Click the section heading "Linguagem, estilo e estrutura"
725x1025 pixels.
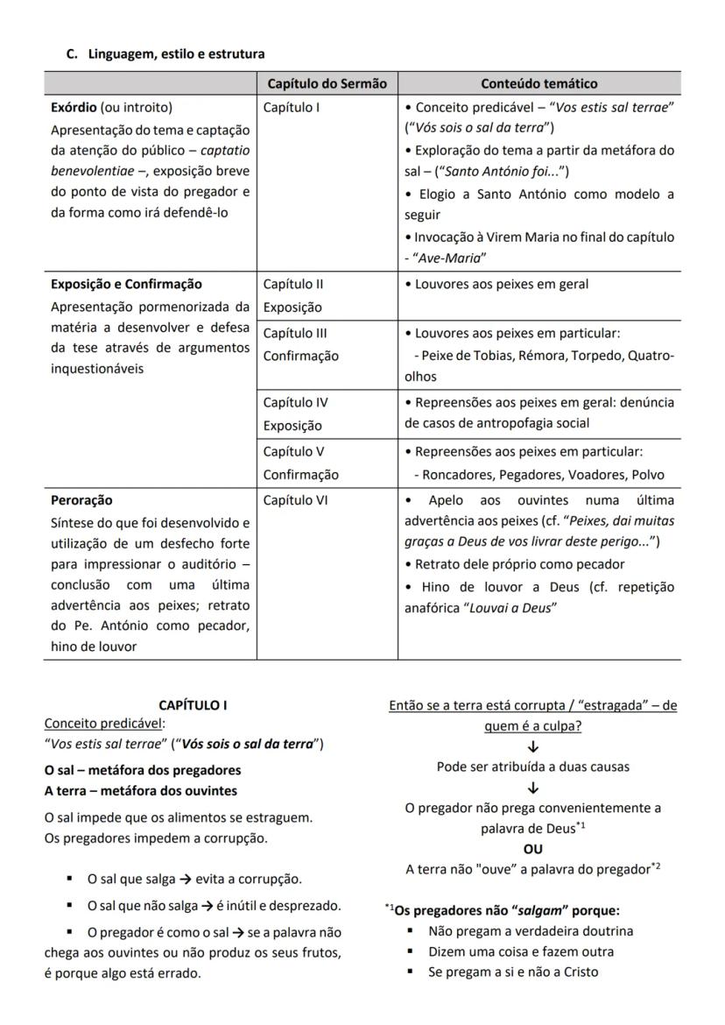[176, 54]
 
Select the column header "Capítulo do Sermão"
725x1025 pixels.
[327, 84]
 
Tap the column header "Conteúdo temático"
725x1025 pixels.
[538, 84]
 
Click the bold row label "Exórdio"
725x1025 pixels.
[74, 108]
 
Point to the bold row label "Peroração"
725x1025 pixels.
[81, 500]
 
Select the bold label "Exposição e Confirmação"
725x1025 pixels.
[126, 284]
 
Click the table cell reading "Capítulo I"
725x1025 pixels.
[292, 108]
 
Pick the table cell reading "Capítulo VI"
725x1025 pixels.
[294, 500]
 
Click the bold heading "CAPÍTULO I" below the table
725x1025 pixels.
[193, 705]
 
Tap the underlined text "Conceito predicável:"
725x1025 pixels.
[104, 724]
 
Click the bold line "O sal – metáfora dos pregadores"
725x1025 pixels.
[143, 770]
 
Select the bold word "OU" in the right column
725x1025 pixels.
[532, 849]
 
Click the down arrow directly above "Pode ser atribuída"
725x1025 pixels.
[532, 747]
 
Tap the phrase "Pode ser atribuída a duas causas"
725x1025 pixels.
[532, 767]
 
